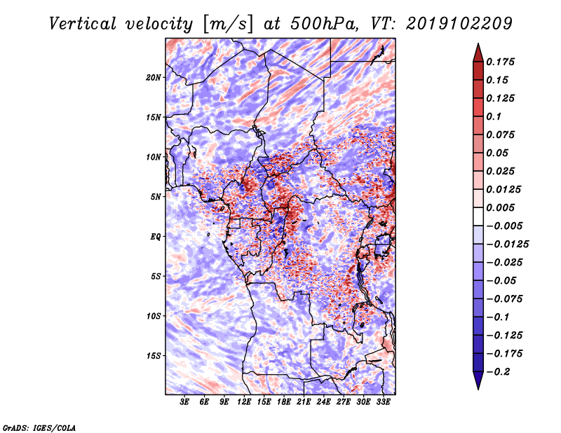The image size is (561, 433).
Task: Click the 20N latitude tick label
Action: [154, 77]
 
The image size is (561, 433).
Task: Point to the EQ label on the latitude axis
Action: [156, 237]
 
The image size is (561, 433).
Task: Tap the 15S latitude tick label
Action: [154, 356]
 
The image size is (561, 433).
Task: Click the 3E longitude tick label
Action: [185, 403]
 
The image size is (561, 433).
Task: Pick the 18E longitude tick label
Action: [284, 403]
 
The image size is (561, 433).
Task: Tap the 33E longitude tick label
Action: [383, 403]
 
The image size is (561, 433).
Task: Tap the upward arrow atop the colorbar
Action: [477, 50]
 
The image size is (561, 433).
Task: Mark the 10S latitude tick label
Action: [154, 316]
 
